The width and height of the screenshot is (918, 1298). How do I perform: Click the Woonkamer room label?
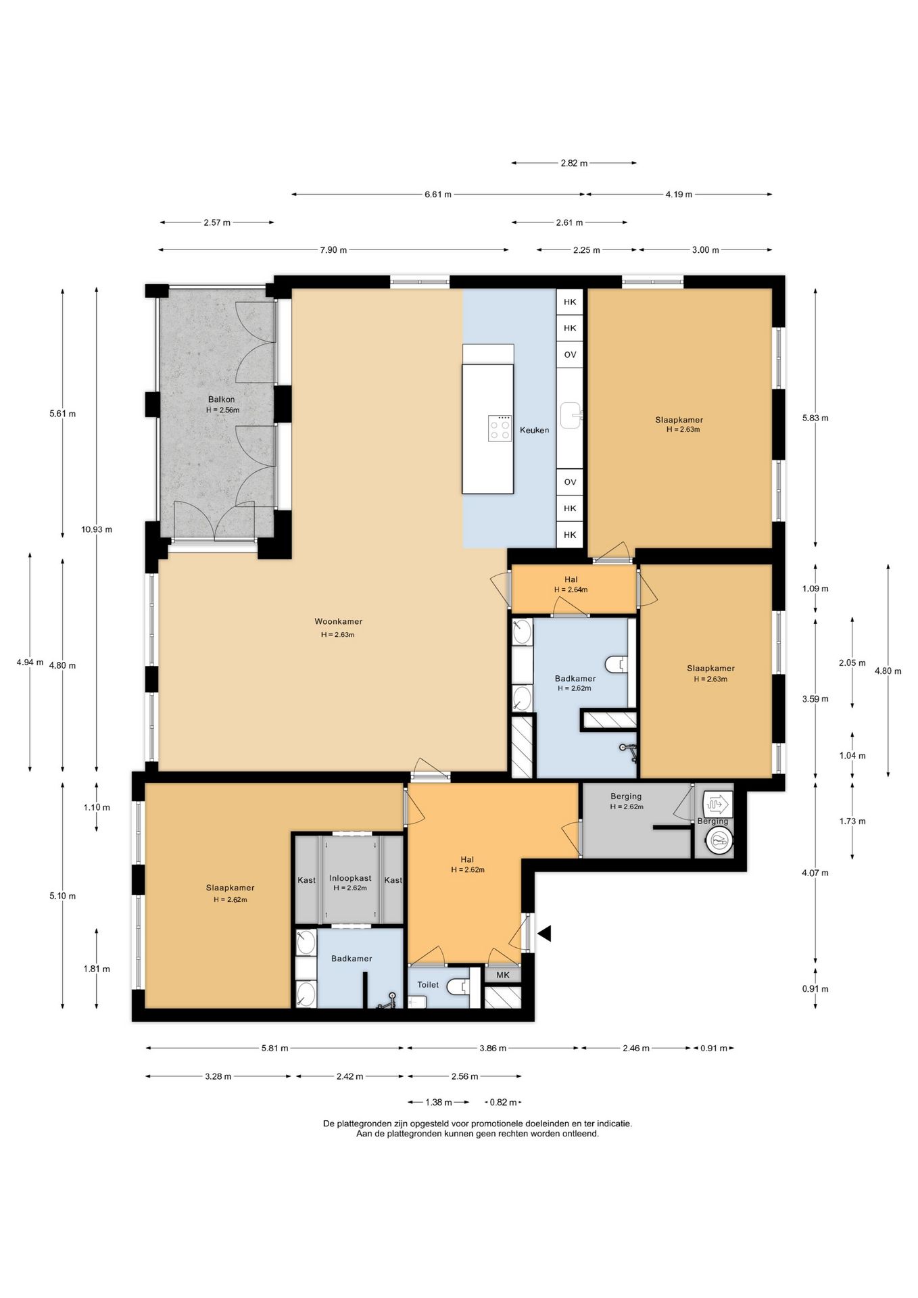[338, 622]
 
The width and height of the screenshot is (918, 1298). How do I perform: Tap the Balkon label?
[222, 400]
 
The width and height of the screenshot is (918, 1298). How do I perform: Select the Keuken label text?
[534, 430]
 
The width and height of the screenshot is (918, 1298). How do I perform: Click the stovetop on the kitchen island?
[500, 428]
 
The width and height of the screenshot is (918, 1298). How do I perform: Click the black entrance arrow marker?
[544, 934]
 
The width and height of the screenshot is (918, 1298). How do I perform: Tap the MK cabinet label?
[503, 975]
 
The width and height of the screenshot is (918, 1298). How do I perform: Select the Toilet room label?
[428, 984]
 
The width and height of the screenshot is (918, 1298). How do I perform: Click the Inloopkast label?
[350, 878]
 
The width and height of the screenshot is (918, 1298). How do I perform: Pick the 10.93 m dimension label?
[97, 529]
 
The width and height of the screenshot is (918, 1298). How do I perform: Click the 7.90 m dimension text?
[333, 250]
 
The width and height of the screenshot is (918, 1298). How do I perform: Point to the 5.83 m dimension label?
[815, 418]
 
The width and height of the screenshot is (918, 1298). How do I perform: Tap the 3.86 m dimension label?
[493, 1049]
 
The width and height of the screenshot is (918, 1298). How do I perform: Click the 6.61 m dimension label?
[438, 195]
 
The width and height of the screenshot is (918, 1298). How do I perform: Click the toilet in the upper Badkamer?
[616, 665]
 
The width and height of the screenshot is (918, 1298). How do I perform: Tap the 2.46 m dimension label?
[636, 1049]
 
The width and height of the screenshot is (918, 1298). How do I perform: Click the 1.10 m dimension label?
[97, 807]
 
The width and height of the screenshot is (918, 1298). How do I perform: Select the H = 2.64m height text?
[571, 590]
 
